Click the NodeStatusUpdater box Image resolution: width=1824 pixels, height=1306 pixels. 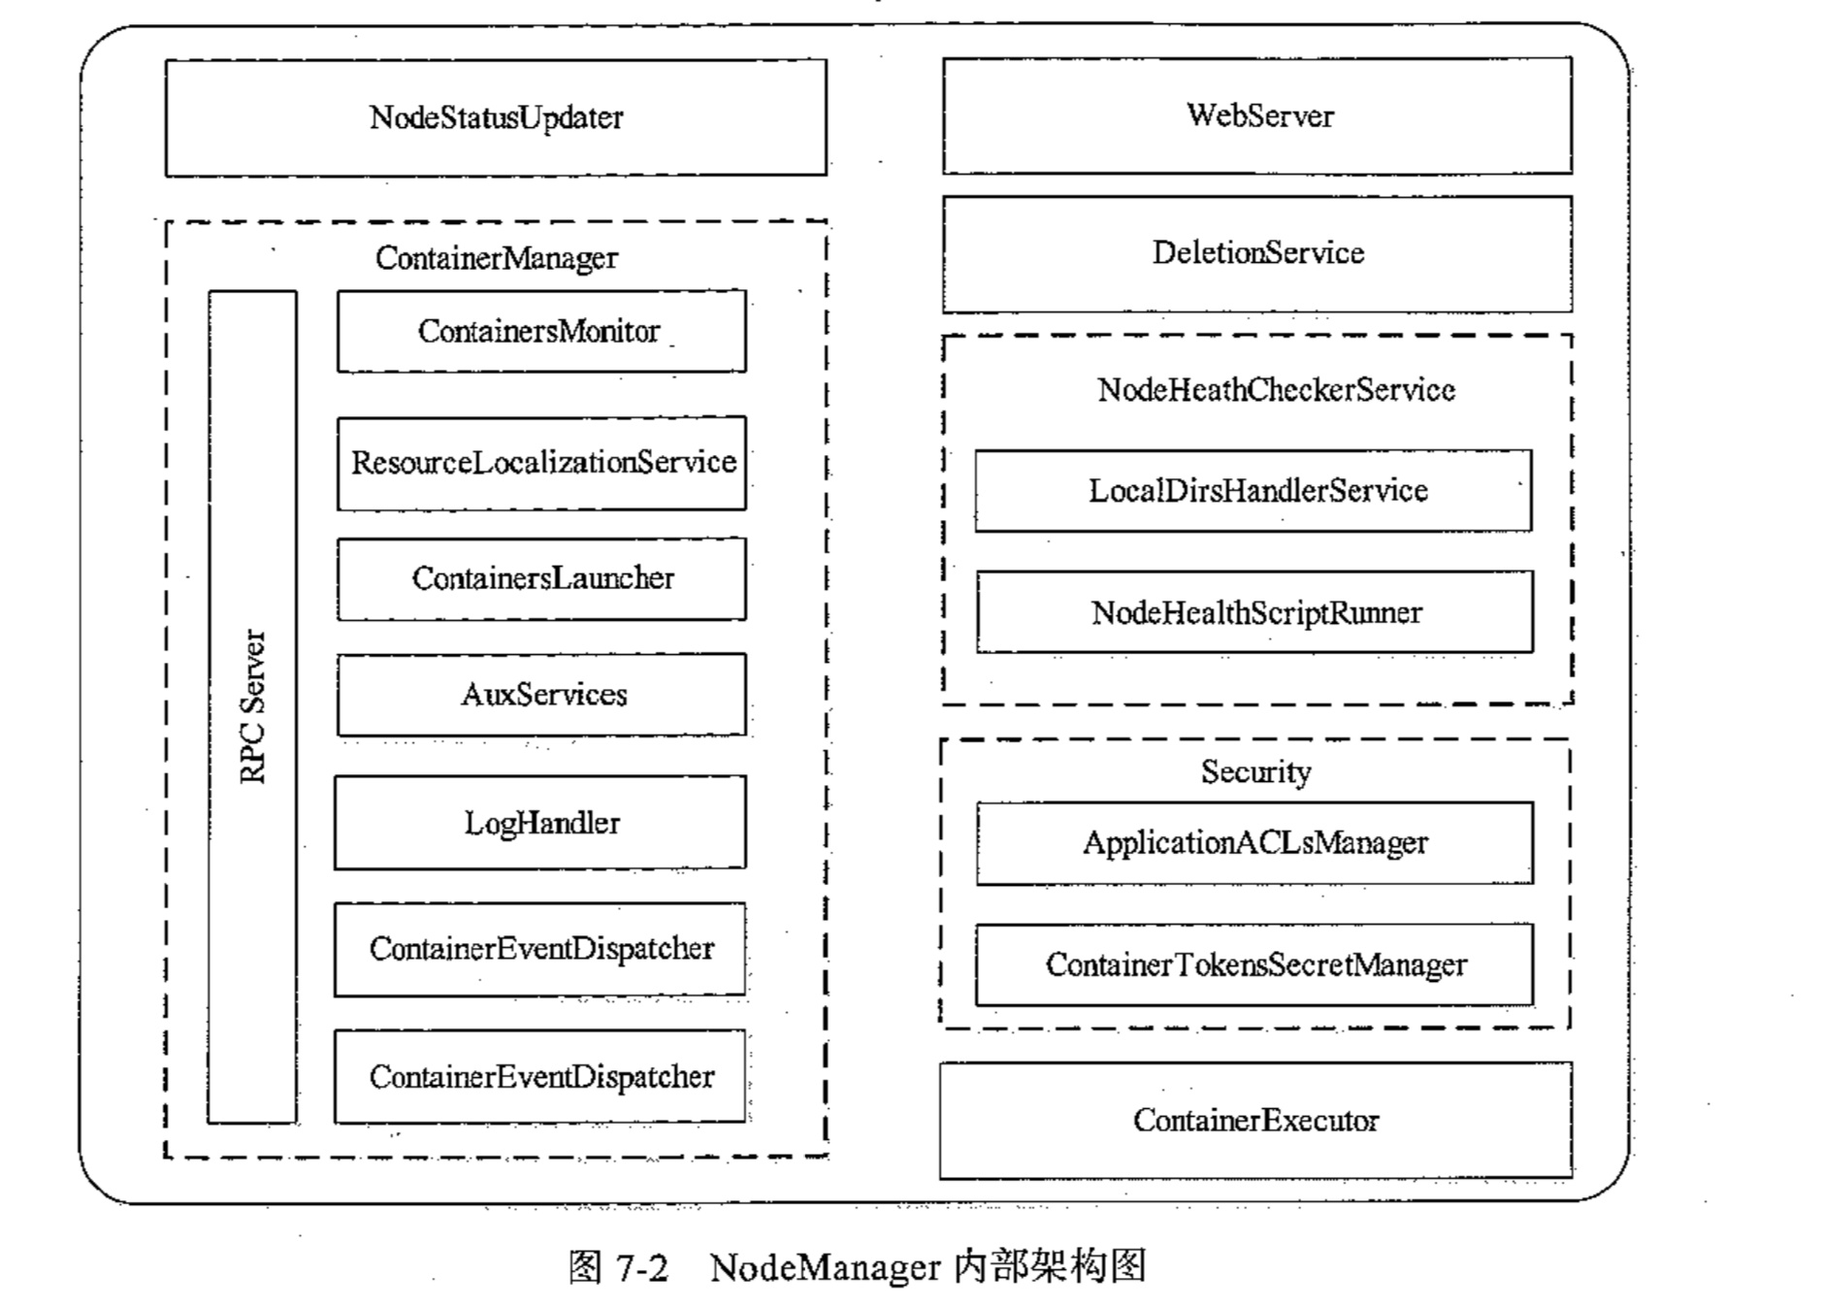click(496, 117)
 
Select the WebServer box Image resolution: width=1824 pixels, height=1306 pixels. click(1257, 115)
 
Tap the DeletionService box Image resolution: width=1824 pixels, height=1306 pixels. click(1257, 254)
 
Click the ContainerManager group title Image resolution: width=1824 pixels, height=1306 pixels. click(496, 258)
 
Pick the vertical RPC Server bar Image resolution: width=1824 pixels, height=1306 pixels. click(252, 706)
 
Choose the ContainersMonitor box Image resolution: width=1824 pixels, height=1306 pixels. click(541, 331)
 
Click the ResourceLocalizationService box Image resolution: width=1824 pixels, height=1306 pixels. click(541, 463)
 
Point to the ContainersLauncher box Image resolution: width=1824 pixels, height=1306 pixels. click(541, 578)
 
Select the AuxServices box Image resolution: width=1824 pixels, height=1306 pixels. click(541, 695)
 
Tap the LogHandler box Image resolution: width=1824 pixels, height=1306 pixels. click(540, 823)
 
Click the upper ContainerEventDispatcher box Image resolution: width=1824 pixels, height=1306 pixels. click(540, 949)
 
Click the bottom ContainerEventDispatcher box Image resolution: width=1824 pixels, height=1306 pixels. click(540, 1077)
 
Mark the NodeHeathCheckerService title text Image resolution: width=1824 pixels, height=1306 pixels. click(1276, 390)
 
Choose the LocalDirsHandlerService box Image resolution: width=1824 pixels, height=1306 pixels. click(1254, 491)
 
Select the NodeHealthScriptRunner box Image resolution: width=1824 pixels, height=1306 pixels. click(1254, 612)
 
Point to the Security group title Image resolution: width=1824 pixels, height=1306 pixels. click(1255, 772)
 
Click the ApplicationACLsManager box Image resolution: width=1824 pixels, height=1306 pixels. click(1254, 843)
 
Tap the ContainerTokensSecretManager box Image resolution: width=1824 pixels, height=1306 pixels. click(1254, 964)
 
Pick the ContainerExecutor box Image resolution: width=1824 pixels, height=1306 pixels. click(1255, 1121)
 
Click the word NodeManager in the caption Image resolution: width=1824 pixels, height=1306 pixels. click(825, 1267)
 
